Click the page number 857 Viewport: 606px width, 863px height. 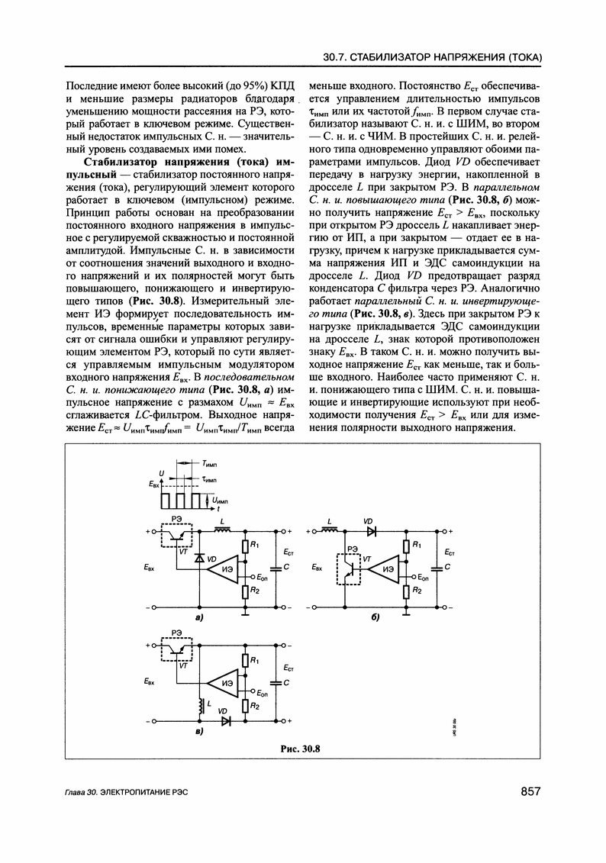coord(526,791)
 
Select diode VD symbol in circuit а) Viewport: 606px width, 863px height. coord(198,559)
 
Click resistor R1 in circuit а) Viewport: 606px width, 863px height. coord(245,546)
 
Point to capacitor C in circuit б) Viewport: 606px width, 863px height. coord(436,568)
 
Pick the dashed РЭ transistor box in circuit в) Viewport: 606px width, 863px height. coord(176,651)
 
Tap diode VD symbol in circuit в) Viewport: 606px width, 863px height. coord(226,720)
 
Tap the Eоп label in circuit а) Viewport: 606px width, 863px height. coord(262,577)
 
